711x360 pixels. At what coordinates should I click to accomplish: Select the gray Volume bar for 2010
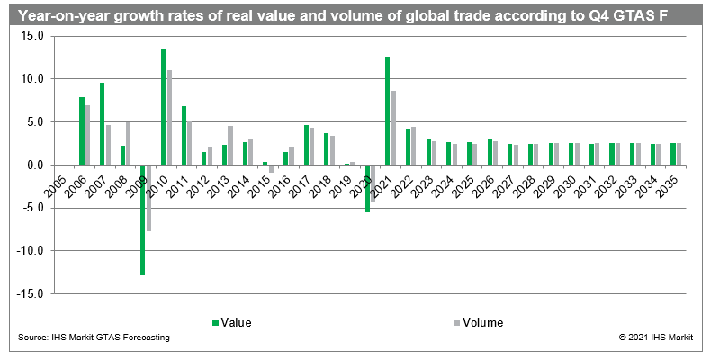169,117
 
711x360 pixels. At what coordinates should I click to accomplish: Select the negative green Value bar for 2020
367,188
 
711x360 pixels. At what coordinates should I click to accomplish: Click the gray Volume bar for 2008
128,143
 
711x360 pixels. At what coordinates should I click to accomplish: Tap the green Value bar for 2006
82,130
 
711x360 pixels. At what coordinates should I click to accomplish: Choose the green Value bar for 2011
184,135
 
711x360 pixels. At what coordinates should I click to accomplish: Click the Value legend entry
231,321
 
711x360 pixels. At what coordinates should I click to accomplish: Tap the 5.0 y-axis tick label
36,121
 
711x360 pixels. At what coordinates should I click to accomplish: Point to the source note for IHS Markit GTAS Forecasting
94,337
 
